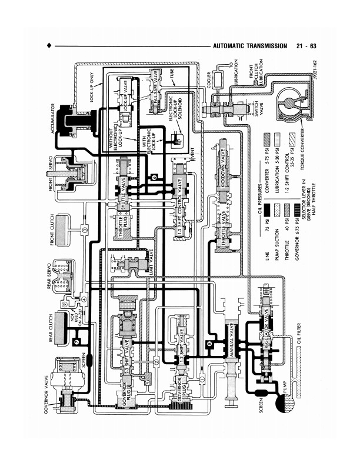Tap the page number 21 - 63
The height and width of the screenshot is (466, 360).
307,46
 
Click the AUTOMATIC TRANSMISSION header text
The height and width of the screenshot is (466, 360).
250,46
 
